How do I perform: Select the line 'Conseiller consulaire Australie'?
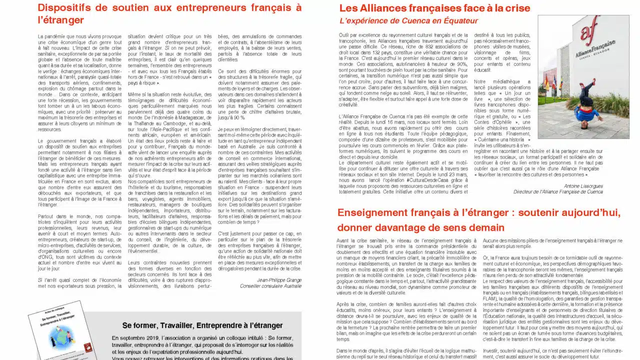coord(270,286)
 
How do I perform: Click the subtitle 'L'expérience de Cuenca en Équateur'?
coord(408,21)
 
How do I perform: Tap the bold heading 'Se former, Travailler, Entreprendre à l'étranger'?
coord(202,325)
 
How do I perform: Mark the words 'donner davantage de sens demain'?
coord(421,227)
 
